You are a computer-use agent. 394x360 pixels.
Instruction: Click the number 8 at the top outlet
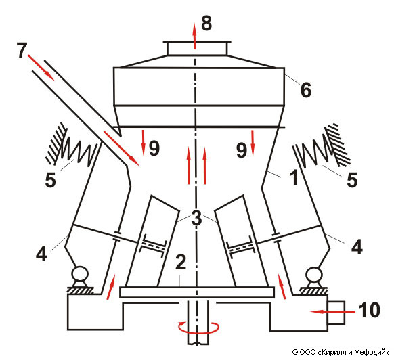click(x=206, y=24)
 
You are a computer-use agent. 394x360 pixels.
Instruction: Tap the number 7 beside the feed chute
click(x=22, y=50)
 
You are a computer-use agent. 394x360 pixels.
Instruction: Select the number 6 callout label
click(x=306, y=90)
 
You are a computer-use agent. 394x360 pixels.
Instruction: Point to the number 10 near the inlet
click(x=369, y=310)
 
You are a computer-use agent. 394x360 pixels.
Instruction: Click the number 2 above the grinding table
click(x=181, y=263)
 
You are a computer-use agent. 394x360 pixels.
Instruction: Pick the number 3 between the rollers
click(x=196, y=218)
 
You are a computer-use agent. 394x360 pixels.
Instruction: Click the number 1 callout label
click(x=294, y=177)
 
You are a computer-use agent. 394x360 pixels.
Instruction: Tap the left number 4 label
click(x=41, y=254)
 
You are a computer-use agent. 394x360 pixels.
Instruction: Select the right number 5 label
click(x=352, y=180)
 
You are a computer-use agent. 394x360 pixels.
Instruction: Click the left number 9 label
click(x=154, y=148)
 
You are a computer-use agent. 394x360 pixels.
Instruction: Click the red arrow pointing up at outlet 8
click(x=194, y=35)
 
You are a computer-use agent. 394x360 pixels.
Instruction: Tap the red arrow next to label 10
click(x=332, y=312)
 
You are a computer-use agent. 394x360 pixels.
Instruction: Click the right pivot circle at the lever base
click(x=314, y=274)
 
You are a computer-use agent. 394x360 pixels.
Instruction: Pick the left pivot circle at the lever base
click(x=79, y=274)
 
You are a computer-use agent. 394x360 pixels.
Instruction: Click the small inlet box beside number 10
click(x=336, y=313)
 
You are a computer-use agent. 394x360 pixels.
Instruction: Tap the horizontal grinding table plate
click(x=197, y=292)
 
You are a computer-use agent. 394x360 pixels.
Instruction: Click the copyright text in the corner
click(x=341, y=352)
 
